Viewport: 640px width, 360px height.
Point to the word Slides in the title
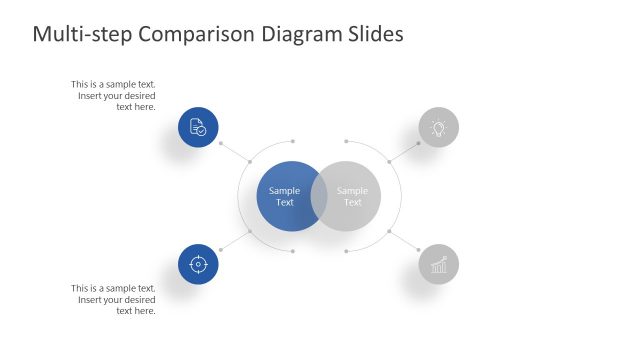[x=371, y=34]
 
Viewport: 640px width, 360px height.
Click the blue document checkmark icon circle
[x=198, y=128]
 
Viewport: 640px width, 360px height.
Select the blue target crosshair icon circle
[x=198, y=264]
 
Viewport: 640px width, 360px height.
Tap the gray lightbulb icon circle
[x=438, y=128]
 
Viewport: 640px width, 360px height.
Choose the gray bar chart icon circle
[x=438, y=264]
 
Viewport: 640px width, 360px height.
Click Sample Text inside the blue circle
[x=284, y=196]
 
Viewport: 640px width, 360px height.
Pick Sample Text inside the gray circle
[x=353, y=196]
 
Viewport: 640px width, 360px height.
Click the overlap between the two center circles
[x=319, y=196]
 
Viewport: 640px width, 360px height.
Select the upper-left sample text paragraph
[x=115, y=95]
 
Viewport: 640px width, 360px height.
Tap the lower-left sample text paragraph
[x=115, y=299]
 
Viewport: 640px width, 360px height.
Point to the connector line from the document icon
[x=234, y=150]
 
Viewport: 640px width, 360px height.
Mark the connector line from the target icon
[x=234, y=241]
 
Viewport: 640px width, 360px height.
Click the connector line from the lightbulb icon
[x=405, y=150]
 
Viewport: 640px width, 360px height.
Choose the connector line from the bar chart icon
[x=404, y=241]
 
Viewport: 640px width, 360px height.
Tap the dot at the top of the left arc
[x=292, y=141]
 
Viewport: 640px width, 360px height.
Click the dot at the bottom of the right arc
[x=346, y=251]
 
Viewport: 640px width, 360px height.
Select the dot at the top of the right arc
[x=346, y=141]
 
